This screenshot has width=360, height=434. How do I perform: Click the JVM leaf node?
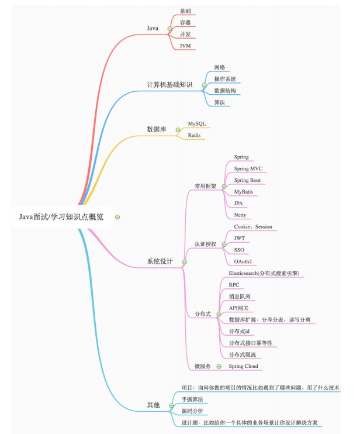click(x=185, y=46)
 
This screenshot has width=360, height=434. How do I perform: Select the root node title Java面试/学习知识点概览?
click(x=61, y=217)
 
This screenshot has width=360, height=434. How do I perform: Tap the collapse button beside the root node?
click(x=117, y=217)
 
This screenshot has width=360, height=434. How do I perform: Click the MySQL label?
click(x=197, y=124)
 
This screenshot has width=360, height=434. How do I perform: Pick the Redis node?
click(x=194, y=135)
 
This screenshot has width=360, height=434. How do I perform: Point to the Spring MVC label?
click(x=248, y=168)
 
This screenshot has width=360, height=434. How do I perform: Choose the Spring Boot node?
click(x=247, y=180)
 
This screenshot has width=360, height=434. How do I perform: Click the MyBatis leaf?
click(x=243, y=192)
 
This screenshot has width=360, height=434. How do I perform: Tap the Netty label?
click(x=240, y=215)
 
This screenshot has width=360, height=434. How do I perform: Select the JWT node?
click(x=240, y=238)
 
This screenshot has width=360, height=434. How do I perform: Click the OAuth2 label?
click(x=243, y=261)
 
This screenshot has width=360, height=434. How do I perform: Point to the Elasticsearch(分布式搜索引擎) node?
click(x=264, y=273)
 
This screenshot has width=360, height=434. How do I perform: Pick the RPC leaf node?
click(x=234, y=285)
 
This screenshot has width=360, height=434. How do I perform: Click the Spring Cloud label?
click(x=243, y=366)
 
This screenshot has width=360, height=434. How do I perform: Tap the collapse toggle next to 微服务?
click(x=219, y=367)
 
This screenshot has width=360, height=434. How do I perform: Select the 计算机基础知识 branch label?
click(x=169, y=85)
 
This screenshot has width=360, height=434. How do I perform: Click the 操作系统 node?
click(x=225, y=79)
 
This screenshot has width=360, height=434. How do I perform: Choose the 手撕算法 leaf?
click(x=192, y=399)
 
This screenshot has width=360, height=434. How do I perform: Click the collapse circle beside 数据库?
click(x=178, y=130)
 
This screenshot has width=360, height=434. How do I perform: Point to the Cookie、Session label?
click(x=253, y=227)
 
